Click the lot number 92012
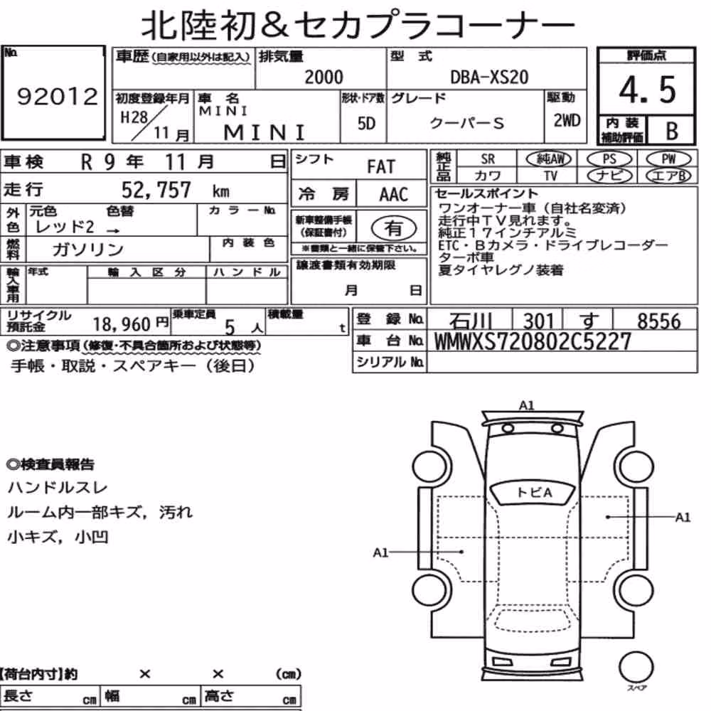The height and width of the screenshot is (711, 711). tap(57, 97)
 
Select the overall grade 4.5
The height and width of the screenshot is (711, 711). tap(647, 90)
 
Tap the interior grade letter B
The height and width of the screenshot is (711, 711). tap(672, 131)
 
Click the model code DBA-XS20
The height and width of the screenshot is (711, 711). tap(489, 77)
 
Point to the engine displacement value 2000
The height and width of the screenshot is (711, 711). tap(324, 77)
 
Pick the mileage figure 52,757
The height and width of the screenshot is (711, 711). tap(156, 190)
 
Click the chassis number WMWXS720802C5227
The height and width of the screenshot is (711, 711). tap(533, 341)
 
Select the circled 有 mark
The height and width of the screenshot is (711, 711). tap(394, 228)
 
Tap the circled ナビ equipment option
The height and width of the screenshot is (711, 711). tap(609, 176)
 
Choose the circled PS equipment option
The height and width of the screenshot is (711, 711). tap(609, 159)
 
